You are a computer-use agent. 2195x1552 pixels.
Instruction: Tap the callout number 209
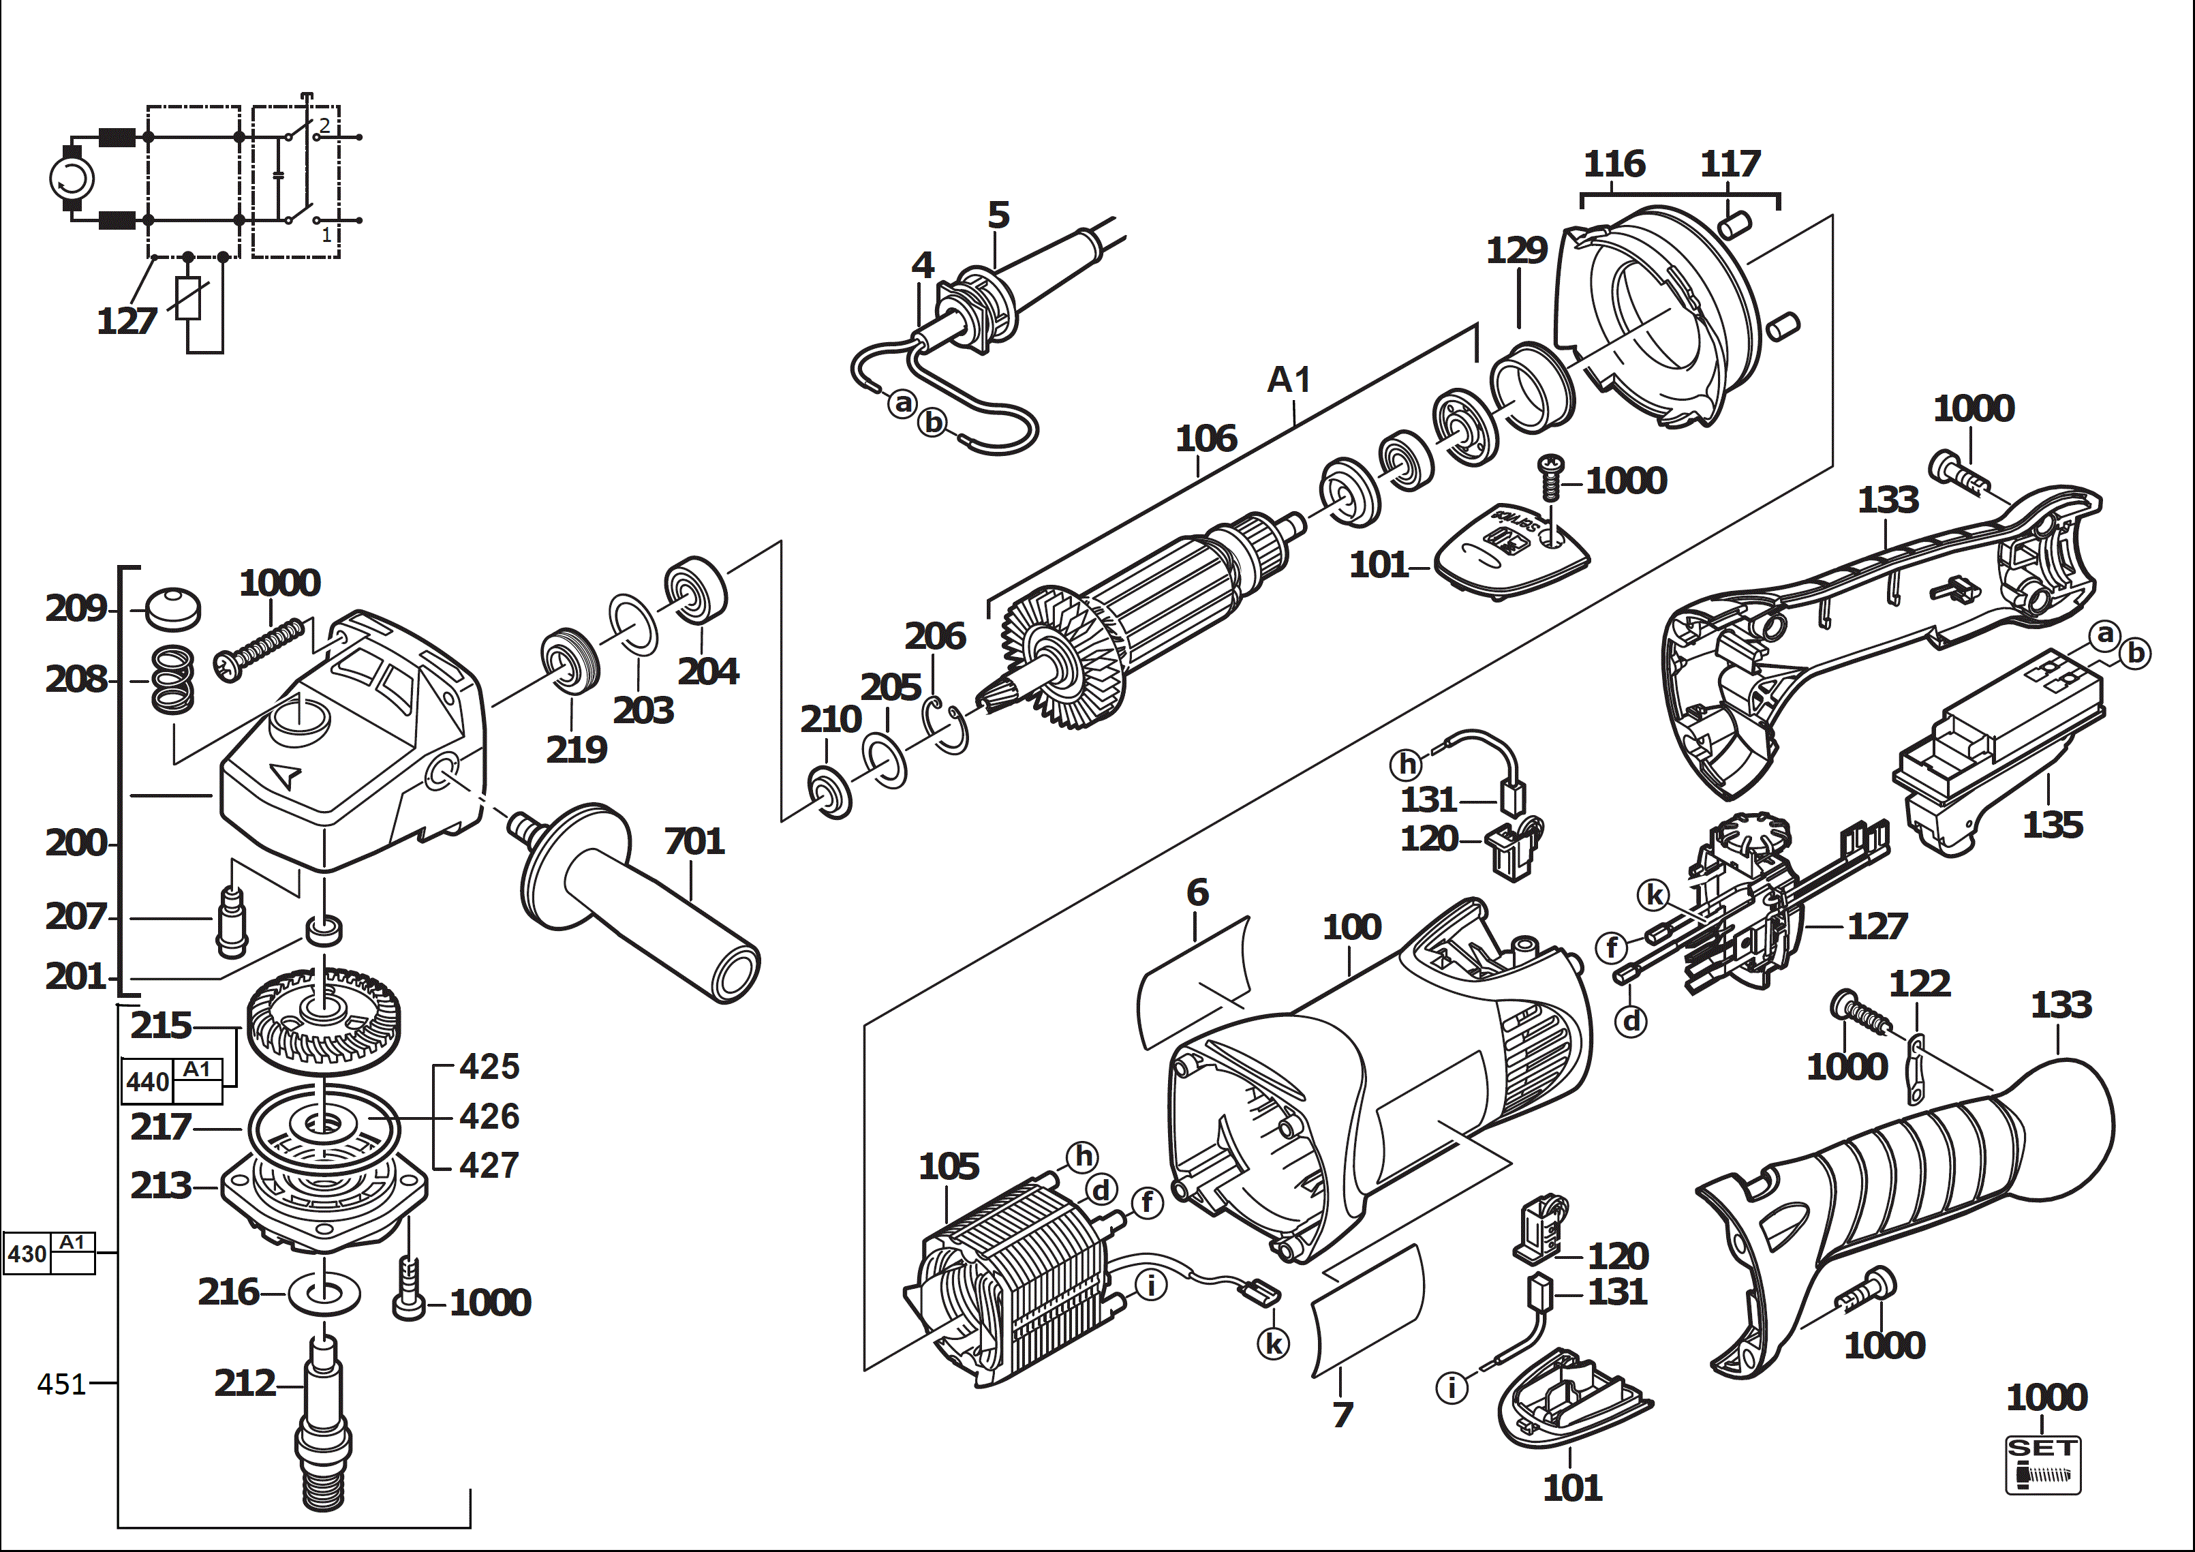click(x=76, y=608)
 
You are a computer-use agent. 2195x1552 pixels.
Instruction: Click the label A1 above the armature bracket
click(x=1288, y=380)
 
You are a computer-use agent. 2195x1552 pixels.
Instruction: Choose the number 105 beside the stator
click(x=949, y=1166)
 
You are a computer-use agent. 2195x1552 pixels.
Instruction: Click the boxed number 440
click(x=147, y=1082)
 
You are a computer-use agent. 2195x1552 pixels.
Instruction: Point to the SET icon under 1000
click(x=2042, y=1464)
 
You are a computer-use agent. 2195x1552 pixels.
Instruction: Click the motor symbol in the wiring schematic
click(x=72, y=179)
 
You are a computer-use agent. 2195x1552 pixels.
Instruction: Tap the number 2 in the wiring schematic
click(x=325, y=125)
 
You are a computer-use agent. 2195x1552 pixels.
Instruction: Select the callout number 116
click(x=1614, y=164)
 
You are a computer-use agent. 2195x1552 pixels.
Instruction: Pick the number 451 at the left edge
click(x=61, y=1384)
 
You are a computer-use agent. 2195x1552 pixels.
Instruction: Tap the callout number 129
click(x=1516, y=251)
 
